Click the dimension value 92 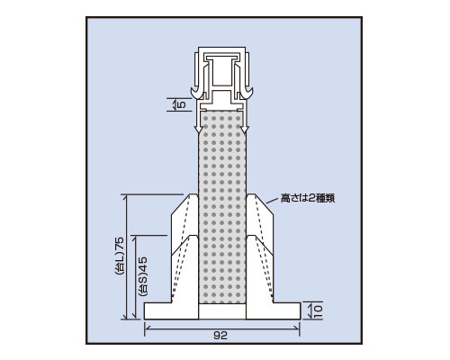coord(220,336)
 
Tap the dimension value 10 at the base coord(318,310)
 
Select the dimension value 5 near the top coord(182,104)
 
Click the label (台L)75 coord(120,256)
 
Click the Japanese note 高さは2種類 coord(308,198)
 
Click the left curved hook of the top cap coord(195,93)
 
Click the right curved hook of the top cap coord(247,93)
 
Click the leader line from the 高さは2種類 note coord(272,202)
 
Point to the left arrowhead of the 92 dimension coord(147,328)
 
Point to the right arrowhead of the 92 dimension coord(298,328)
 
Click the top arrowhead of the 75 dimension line coord(127,197)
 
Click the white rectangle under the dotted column coord(222,311)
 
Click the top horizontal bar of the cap coord(221,49)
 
